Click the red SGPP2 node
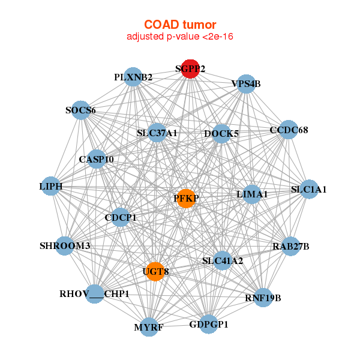[190, 69]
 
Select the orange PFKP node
[187, 199]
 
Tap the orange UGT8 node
[155, 272]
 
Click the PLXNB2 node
[134, 77]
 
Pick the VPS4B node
[246, 84]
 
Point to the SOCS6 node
[81, 110]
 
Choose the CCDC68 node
[289, 130]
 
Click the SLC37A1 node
[157, 133]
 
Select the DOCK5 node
[221, 134]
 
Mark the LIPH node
[51, 187]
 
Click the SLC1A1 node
[308, 190]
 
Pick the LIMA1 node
[252, 194]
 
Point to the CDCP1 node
[121, 217]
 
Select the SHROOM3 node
[65, 246]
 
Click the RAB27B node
[290, 246]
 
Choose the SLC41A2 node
[223, 260]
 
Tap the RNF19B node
[263, 297]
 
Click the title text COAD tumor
[180, 25]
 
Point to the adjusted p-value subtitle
[180, 37]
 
